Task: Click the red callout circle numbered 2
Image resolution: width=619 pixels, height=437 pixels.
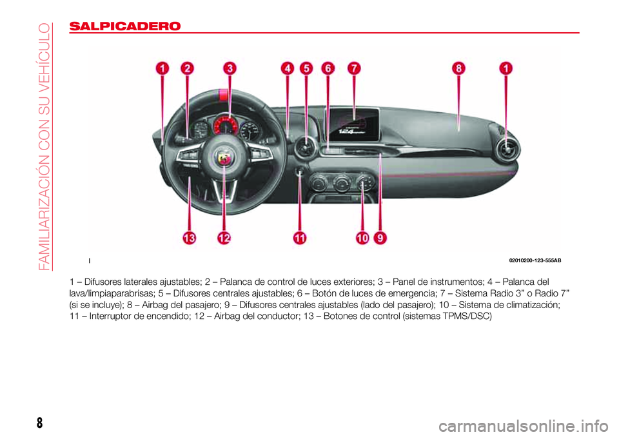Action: pyautogui.click(x=187, y=68)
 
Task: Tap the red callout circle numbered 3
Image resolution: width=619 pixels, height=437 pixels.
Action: pyautogui.click(x=230, y=68)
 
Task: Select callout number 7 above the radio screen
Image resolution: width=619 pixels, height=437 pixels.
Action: pyautogui.click(x=354, y=68)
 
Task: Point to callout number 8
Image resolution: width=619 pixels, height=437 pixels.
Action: pyautogui.click(x=458, y=68)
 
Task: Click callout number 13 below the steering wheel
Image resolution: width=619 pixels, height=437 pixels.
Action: pyautogui.click(x=189, y=238)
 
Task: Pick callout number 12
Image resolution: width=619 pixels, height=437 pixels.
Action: pyautogui.click(x=224, y=238)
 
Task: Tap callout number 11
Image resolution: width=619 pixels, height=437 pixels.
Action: pyautogui.click(x=300, y=238)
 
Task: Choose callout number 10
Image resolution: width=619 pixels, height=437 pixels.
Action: pyautogui.click(x=362, y=238)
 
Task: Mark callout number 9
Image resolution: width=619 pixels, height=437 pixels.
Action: pyautogui.click(x=380, y=238)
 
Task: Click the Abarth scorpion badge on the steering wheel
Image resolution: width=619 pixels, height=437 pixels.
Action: pyautogui.click(x=224, y=159)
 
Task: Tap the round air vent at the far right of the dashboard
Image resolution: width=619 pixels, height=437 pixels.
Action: pyautogui.click(x=506, y=150)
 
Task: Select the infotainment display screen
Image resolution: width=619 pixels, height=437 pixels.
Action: pyautogui.click(x=353, y=122)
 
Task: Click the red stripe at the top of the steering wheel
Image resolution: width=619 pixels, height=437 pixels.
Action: pyautogui.click(x=224, y=95)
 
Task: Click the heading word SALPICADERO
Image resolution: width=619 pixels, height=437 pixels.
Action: pyautogui.click(x=124, y=26)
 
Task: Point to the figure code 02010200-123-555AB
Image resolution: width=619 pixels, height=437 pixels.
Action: pyautogui.click(x=535, y=260)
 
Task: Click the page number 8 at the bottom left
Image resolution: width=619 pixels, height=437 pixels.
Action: pyautogui.click(x=39, y=423)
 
